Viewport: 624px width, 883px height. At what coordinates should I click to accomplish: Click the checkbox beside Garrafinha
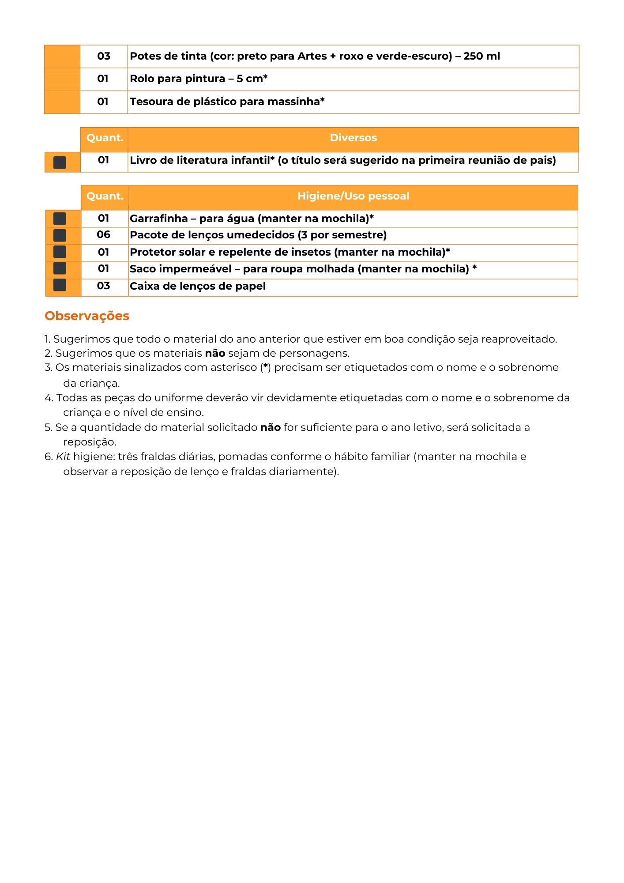click(x=60, y=219)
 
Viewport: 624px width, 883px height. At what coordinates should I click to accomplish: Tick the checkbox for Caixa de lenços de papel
click(x=60, y=285)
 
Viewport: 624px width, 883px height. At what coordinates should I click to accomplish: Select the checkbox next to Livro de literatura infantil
click(x=60, y=162)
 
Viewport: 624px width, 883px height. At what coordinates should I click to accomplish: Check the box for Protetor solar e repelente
click(x=60, y=252)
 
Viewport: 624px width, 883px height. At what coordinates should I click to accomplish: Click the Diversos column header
click(x=353, y=138)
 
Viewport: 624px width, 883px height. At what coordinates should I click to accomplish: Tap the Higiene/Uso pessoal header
click(x=353, y=196)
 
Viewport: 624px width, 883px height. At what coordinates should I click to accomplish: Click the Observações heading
click(x=87, y=316)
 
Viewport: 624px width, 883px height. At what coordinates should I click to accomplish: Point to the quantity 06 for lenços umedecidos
click(x=104, y=235)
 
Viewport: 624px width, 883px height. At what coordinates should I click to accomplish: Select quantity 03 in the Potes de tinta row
click(x=104, y=56)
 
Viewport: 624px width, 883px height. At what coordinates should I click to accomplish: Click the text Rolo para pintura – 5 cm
click(x=199, y=79)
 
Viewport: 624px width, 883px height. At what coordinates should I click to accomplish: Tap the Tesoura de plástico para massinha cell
click(x=227, y=102)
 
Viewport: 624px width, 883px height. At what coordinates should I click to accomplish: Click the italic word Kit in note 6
click(x=63, y=457)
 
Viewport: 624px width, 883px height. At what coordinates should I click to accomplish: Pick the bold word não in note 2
click(x=215, y=353)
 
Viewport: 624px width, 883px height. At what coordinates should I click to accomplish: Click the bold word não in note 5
click(x=270, y=427)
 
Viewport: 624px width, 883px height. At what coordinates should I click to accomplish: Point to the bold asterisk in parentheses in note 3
click(x=265, y=367)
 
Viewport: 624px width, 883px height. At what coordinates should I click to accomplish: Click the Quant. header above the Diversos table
click(x=105, y=138)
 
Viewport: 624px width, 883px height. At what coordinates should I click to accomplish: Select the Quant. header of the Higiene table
click(x=105, y=196)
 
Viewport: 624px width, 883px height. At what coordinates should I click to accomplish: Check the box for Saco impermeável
click(x=60, y=268)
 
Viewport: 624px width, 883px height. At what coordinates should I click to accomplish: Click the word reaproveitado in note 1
click(x=519, y=339)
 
